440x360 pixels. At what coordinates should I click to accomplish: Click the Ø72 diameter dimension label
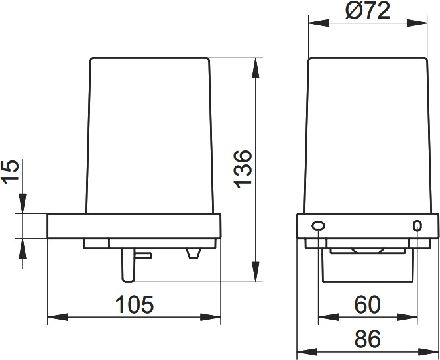368,11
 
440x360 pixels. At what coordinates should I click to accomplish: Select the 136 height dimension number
243,169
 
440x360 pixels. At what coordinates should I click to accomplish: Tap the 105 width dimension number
135,304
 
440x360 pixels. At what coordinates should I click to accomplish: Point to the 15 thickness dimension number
11,172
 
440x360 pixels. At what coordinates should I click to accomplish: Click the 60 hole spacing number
367,305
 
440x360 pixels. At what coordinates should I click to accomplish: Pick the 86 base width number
367,339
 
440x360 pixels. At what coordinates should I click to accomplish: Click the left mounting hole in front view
318,226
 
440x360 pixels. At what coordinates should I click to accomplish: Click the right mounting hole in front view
417,226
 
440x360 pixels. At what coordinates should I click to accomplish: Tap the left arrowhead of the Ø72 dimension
319,23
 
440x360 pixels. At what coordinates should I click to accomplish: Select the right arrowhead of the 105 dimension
210,317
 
